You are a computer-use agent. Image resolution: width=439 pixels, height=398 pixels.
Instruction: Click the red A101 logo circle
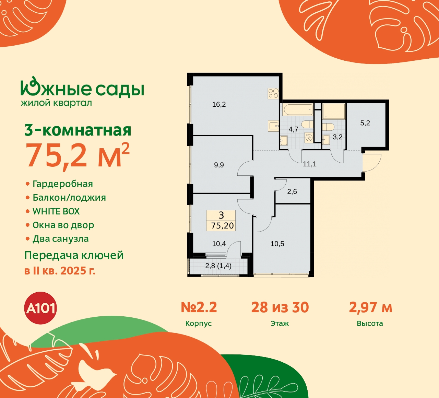pos(40,308)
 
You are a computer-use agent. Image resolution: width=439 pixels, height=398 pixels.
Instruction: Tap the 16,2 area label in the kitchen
pos(219,104)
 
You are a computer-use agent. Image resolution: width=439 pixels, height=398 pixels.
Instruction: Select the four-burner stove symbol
pos(273,93)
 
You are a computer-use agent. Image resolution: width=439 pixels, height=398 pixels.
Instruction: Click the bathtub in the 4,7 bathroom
pos(297,110)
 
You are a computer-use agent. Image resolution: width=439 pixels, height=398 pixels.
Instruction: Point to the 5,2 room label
pos(365,123)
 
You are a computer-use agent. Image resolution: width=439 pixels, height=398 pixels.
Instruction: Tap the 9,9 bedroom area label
pos(219,165)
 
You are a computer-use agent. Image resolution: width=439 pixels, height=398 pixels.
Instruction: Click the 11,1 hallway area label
pos(309,164)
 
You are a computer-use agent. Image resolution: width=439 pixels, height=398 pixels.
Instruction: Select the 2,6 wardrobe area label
pos(292,192)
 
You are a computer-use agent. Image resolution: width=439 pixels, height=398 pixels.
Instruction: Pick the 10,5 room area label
pos(277,244)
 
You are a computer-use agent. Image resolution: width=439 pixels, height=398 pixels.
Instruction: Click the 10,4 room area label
pos(219,244)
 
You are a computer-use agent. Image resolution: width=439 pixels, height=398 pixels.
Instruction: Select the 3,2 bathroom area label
pos(337,137)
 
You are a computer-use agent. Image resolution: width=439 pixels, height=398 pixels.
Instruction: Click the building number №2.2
pos(199,307)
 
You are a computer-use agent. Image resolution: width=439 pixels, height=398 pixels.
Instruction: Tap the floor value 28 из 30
pos(280,307)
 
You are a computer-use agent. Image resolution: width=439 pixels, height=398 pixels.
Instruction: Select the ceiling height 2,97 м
pos(370,307)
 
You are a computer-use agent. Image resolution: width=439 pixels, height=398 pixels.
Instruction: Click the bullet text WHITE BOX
pos(56,211)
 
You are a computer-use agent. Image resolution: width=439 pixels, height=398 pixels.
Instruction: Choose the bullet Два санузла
pos(60,239)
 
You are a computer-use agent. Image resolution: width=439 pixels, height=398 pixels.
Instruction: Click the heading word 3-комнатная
pos(78,130)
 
